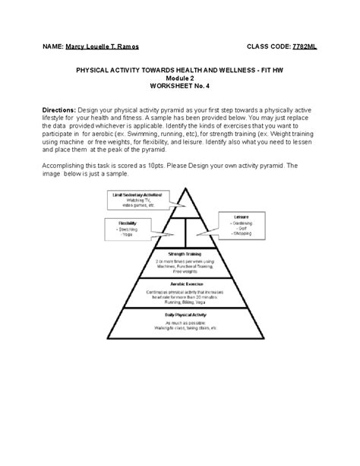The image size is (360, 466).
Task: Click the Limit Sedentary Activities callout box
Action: (137, 199)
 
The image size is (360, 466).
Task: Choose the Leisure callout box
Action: (242, 223)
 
